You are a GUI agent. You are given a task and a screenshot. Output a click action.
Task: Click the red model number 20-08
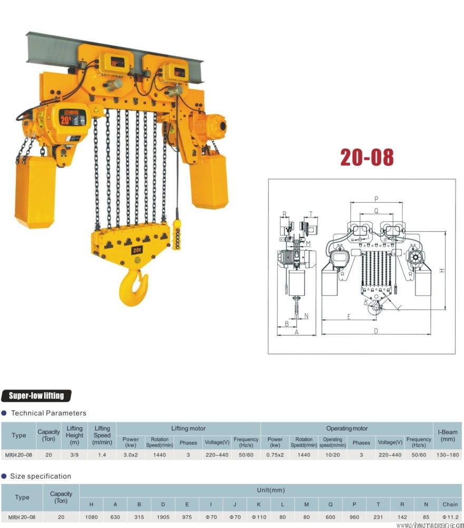click(366, 157)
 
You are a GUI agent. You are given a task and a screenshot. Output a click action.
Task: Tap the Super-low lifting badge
click(36, 395)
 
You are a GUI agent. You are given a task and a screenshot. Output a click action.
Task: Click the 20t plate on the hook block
click(137, 249)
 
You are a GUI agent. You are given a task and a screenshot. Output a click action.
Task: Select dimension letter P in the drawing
click(376, 199)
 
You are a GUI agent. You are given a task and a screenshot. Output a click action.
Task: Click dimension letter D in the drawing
click(376, 331)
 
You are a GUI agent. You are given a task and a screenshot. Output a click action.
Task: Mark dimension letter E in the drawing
click(349, 316)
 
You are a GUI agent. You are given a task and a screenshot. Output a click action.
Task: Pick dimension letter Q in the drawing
click(376, 210)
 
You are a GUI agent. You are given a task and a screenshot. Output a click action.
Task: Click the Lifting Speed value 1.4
click(102, 455)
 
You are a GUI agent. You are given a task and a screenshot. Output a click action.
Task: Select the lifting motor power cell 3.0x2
click(131, 455)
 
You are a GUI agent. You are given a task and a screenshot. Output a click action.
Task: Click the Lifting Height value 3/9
click(74, 455)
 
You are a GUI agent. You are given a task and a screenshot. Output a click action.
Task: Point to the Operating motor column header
click(346, 428)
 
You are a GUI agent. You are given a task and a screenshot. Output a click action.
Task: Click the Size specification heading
click(40, 476)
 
